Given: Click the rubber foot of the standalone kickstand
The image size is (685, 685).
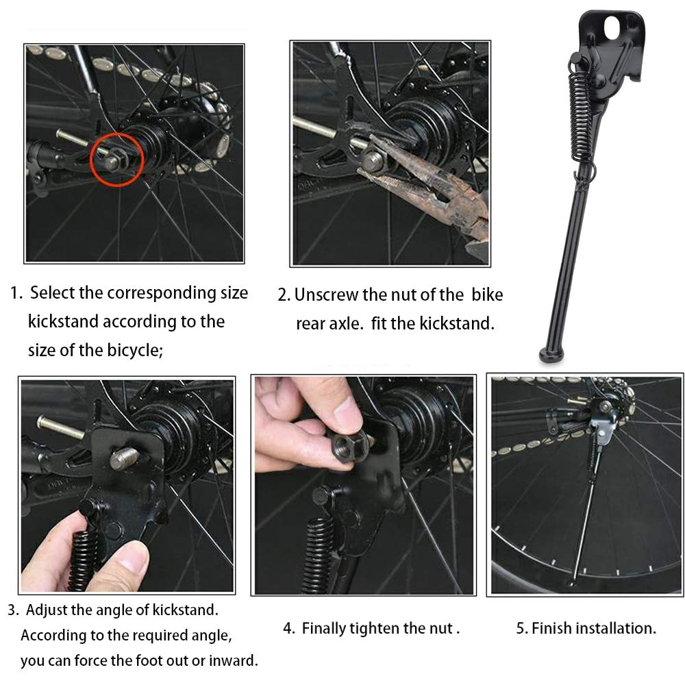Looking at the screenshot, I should pyautogui.click(x=551, y=355).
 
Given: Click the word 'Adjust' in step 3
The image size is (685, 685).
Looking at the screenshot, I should pyautogui.click(x=55, y=609).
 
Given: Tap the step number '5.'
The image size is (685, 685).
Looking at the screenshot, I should pyautogui.click(x=522, y=628).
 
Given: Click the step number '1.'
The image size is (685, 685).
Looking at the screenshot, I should pyautogui.click(x=16, y=293).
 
